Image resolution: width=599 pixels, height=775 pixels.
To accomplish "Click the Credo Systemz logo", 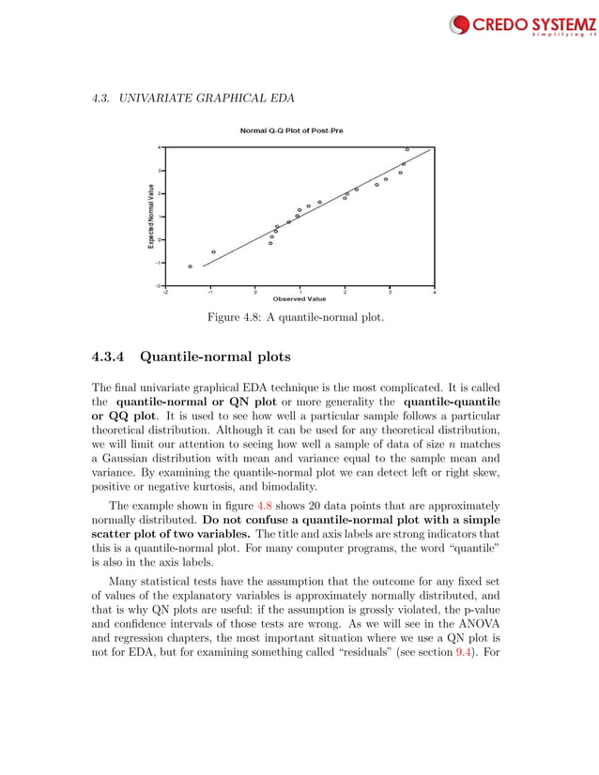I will point(519,24).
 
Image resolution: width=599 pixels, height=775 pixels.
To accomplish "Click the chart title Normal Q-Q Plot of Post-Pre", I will point(291,131).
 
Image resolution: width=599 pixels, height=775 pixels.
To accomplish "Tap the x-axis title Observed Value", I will point(299,299).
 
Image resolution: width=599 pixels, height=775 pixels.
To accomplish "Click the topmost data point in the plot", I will point(407,149).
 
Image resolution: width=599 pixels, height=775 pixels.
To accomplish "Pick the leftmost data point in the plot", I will point(190,266).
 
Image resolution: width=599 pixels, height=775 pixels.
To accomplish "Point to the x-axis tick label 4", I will point(434,292).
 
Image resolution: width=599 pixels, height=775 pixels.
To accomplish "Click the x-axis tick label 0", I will point(255,292).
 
